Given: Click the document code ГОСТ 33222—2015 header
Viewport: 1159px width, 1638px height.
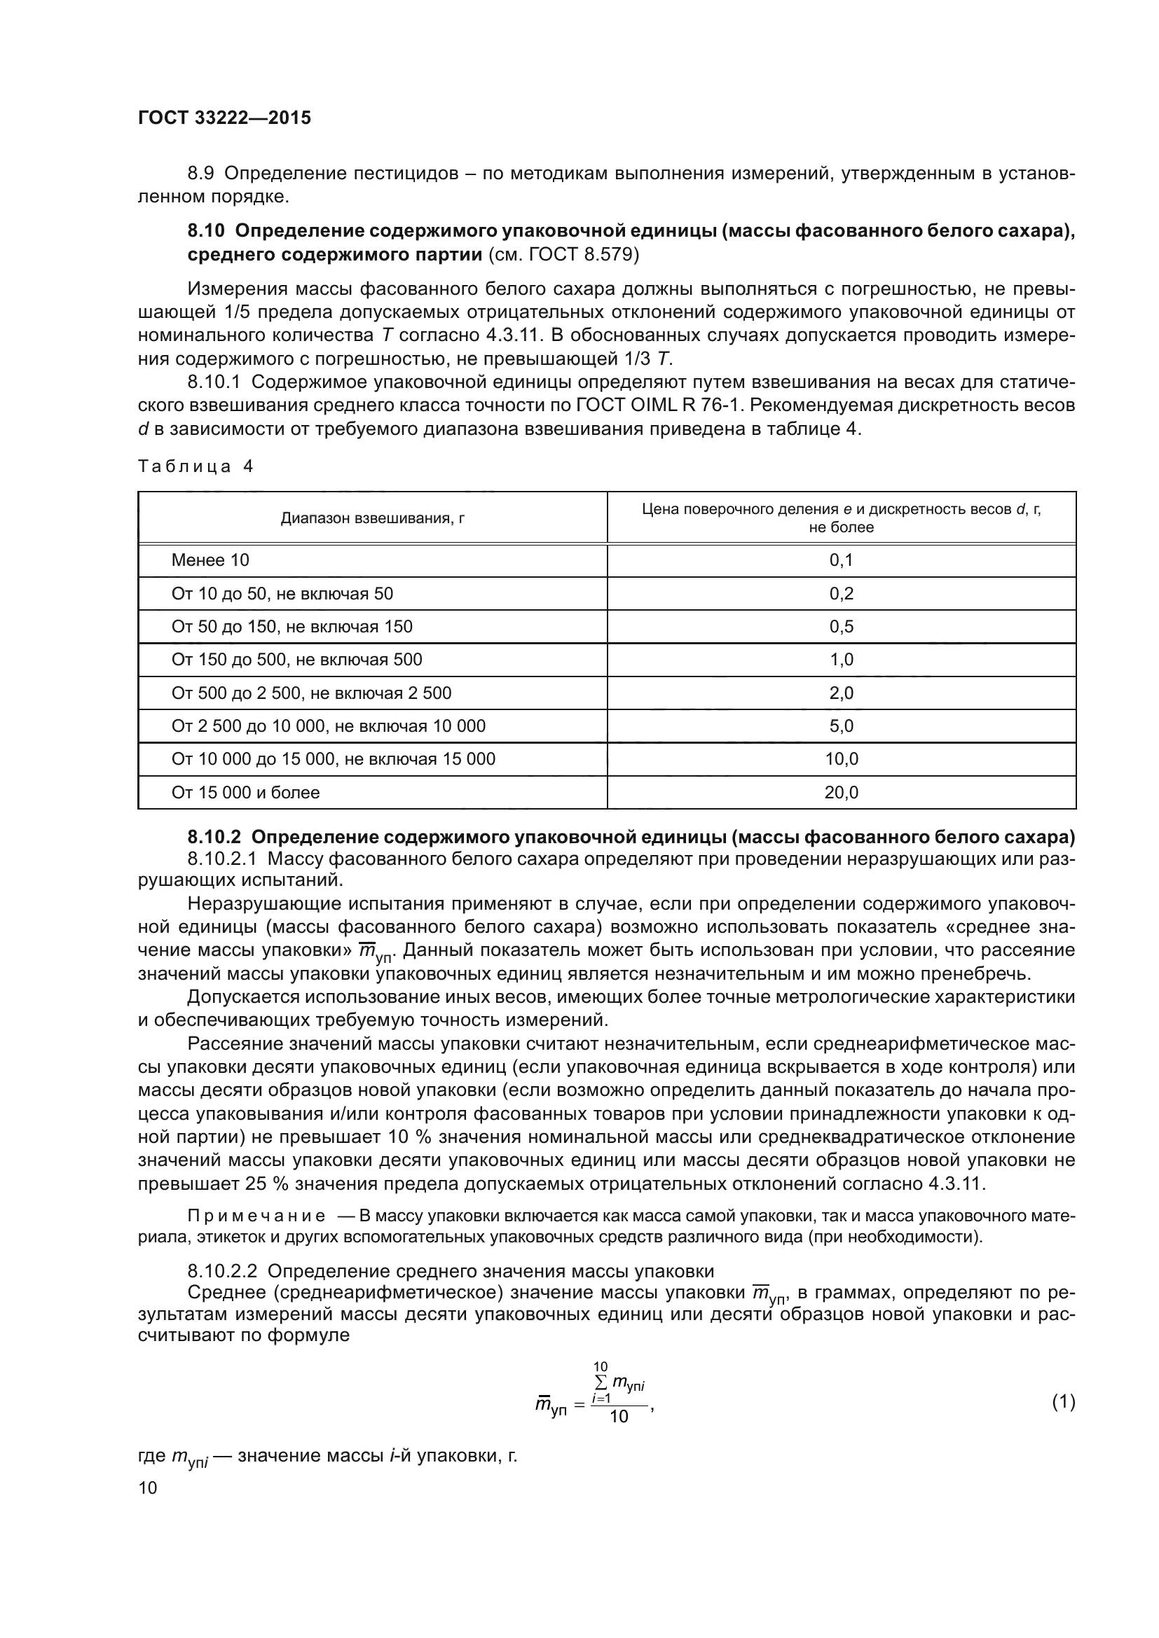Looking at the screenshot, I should click(224, 118).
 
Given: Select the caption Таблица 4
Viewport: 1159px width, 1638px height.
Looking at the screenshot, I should click(195, 466).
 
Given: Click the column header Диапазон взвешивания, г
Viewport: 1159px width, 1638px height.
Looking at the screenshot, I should click(372, 519).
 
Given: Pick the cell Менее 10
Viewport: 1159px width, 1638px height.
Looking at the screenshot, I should click(210, 560).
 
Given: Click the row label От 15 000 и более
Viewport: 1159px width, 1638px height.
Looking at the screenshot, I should click(245, 792).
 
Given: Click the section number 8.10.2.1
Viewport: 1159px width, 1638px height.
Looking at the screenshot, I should click(222, 859).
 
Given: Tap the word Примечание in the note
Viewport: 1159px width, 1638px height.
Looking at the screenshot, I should click(256, 1216).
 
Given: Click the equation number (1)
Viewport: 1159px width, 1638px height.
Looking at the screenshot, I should click(1063, 1403).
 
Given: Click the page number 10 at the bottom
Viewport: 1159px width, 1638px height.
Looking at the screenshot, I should click(148, 1488).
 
